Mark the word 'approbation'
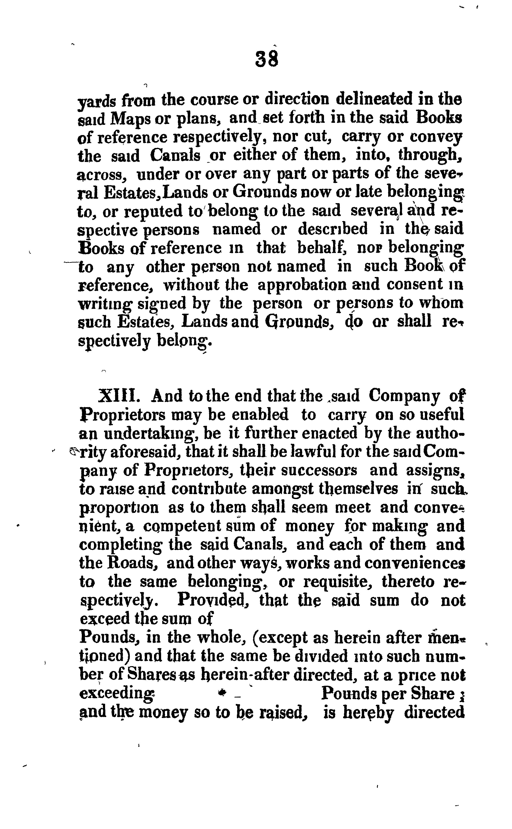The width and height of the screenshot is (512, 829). (302, 285)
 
